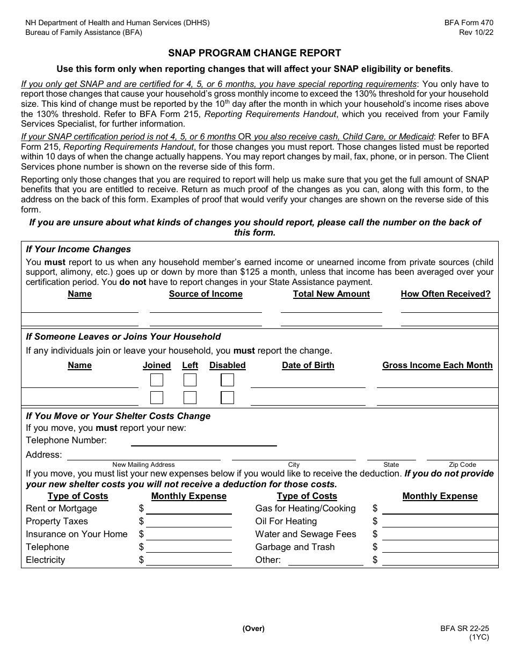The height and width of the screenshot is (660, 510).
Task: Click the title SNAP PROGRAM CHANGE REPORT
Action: (x=254, y=53)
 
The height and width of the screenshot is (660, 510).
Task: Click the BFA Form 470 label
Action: (x=468, y=23)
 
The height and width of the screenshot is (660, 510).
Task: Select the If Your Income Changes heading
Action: (x=78, y=249)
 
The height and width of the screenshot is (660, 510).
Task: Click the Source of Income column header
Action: (x=206, y=294)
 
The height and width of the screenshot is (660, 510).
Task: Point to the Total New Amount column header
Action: (x=331, y=294)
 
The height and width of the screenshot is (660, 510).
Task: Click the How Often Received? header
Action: (x=446, y=294)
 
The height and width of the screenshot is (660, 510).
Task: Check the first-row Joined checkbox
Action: (x=157, y=380)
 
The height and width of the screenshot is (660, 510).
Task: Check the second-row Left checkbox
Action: (x=190, y=398)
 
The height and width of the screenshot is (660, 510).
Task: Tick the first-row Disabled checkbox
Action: (x=228, y=380)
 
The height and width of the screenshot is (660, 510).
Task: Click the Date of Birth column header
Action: (x=308, y=365)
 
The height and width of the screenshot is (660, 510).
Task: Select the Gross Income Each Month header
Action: (x=437, y=365)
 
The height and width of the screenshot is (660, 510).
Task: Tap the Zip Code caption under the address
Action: (x=462, y=465)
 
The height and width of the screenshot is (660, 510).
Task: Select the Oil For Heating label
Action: (x=286, y=521)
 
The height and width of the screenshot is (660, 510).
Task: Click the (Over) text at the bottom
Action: (x=253, y=629)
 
